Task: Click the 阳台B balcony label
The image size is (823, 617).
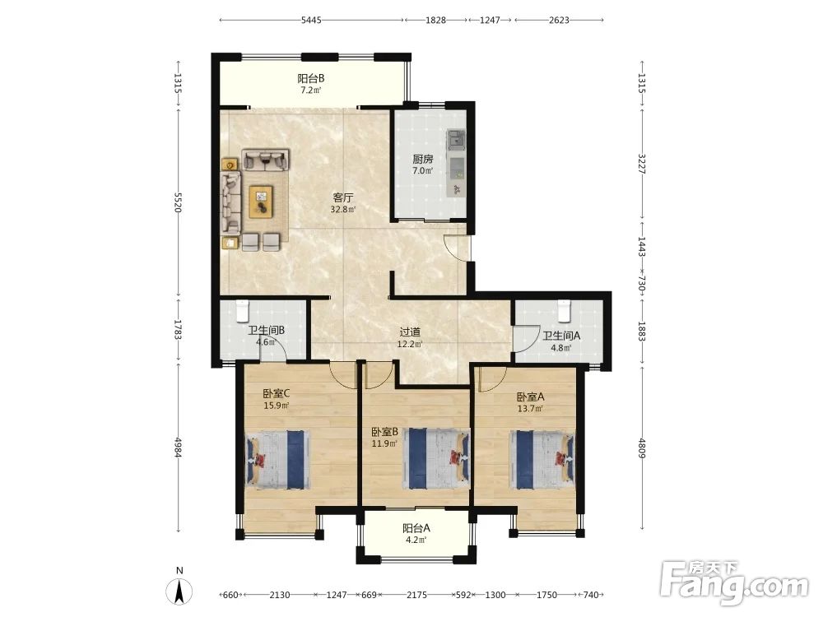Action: [311, 79]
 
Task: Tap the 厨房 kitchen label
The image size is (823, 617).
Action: [422, 159]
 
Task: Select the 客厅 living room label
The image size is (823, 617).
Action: [342, 197]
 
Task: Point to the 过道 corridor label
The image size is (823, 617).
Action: [410, 332]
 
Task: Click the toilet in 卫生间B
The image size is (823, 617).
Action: [242, 311]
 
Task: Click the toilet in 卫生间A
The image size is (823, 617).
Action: [564, 311]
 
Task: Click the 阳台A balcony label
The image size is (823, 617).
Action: [416, 528]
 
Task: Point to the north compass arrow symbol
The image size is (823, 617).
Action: [179, 591]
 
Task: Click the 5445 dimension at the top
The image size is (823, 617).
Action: [311, 20]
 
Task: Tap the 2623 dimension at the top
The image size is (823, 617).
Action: [559, 20]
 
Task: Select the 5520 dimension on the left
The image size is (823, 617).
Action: [178, 202]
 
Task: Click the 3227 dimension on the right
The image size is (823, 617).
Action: [641, 164]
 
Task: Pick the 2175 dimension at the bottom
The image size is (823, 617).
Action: [416, 595]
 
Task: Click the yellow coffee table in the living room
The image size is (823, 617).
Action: [261, 202]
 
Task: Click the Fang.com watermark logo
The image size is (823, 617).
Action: [734, 582]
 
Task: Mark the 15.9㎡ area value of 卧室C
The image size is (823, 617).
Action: [276, 405]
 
